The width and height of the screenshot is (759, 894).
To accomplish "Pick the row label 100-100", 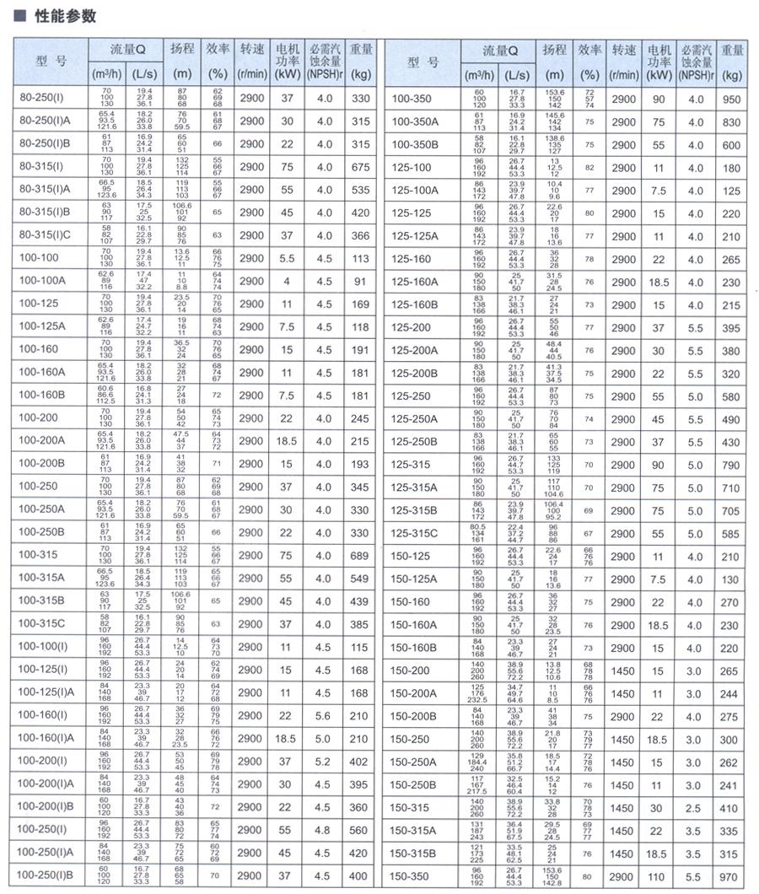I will [39, 259].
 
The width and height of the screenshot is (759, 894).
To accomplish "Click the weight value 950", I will [731, 100].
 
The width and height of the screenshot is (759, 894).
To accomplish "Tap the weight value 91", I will [360, 282].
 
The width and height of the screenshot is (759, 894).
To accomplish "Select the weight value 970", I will [731, 877].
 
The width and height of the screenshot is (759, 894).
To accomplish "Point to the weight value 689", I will [360, 556].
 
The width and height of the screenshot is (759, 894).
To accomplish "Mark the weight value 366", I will [360, 236].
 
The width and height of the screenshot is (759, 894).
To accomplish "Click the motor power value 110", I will [659, 877].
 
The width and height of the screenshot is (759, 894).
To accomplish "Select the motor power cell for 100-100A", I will [286, 282].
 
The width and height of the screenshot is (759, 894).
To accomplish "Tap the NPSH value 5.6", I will [324, 716].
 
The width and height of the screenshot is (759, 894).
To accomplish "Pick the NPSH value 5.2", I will [324, 762].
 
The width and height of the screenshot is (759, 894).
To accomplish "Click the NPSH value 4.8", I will [324, 830].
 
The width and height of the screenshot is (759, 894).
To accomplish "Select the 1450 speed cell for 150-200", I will [623, 670].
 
